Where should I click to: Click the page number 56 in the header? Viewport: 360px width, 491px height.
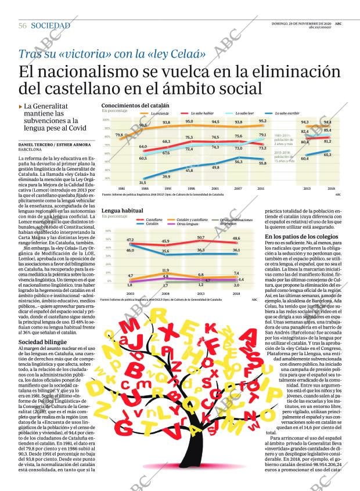coord(23,26)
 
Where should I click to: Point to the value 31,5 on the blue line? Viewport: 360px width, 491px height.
coord(143,182)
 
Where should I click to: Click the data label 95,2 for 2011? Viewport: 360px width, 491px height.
coord(262,121)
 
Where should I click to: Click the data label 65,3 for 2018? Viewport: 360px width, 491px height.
coord(327,155)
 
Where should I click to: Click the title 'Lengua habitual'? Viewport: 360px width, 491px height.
coord(122,211)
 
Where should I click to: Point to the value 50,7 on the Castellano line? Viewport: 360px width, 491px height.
coord(201,237)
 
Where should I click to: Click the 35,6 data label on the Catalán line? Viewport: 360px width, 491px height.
coord(165,251)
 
